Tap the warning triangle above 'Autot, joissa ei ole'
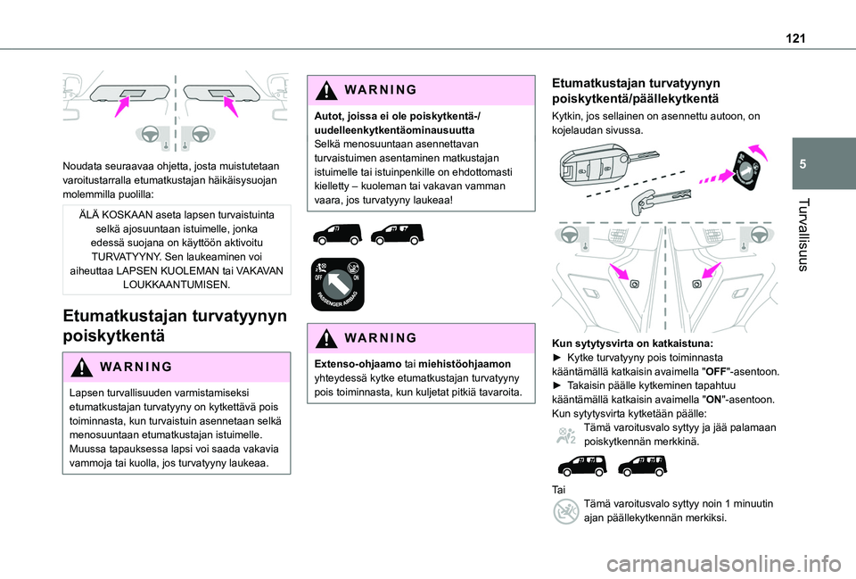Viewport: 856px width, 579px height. coord(323,90)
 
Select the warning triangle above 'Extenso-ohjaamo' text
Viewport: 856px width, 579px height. coord(323,337)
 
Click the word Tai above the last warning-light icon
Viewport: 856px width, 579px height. coord(559,490)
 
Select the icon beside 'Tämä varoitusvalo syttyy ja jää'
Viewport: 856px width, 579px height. coord(565,434)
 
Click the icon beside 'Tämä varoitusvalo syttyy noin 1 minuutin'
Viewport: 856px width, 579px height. coord(565,510)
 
